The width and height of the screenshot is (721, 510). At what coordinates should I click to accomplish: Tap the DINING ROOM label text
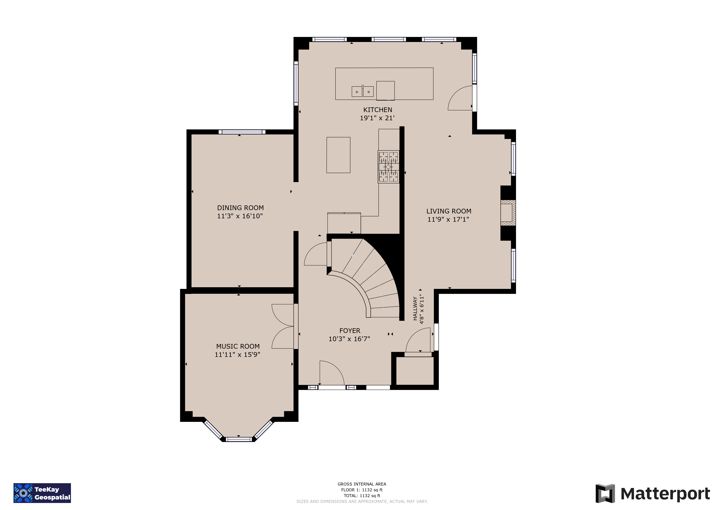click(x=240, y=208)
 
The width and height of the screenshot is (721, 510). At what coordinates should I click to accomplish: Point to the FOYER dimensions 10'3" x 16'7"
click(x=349, y=339)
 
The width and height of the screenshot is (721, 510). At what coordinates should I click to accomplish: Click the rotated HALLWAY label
click(x=415, y=308)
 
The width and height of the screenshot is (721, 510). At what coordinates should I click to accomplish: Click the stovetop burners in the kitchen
click(x=389, y=167)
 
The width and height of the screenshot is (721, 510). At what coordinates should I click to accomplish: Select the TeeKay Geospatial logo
click(x=42, y=493)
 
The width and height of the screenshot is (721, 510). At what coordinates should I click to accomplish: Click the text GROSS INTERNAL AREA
click(x=362, y=484)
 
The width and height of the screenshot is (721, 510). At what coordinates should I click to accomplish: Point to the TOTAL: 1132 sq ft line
click(x=362, y=496)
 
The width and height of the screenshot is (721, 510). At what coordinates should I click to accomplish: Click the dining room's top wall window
click(x=242, y=132)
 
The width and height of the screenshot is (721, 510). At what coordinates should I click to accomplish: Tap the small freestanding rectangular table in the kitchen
click(x=338, y=155)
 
